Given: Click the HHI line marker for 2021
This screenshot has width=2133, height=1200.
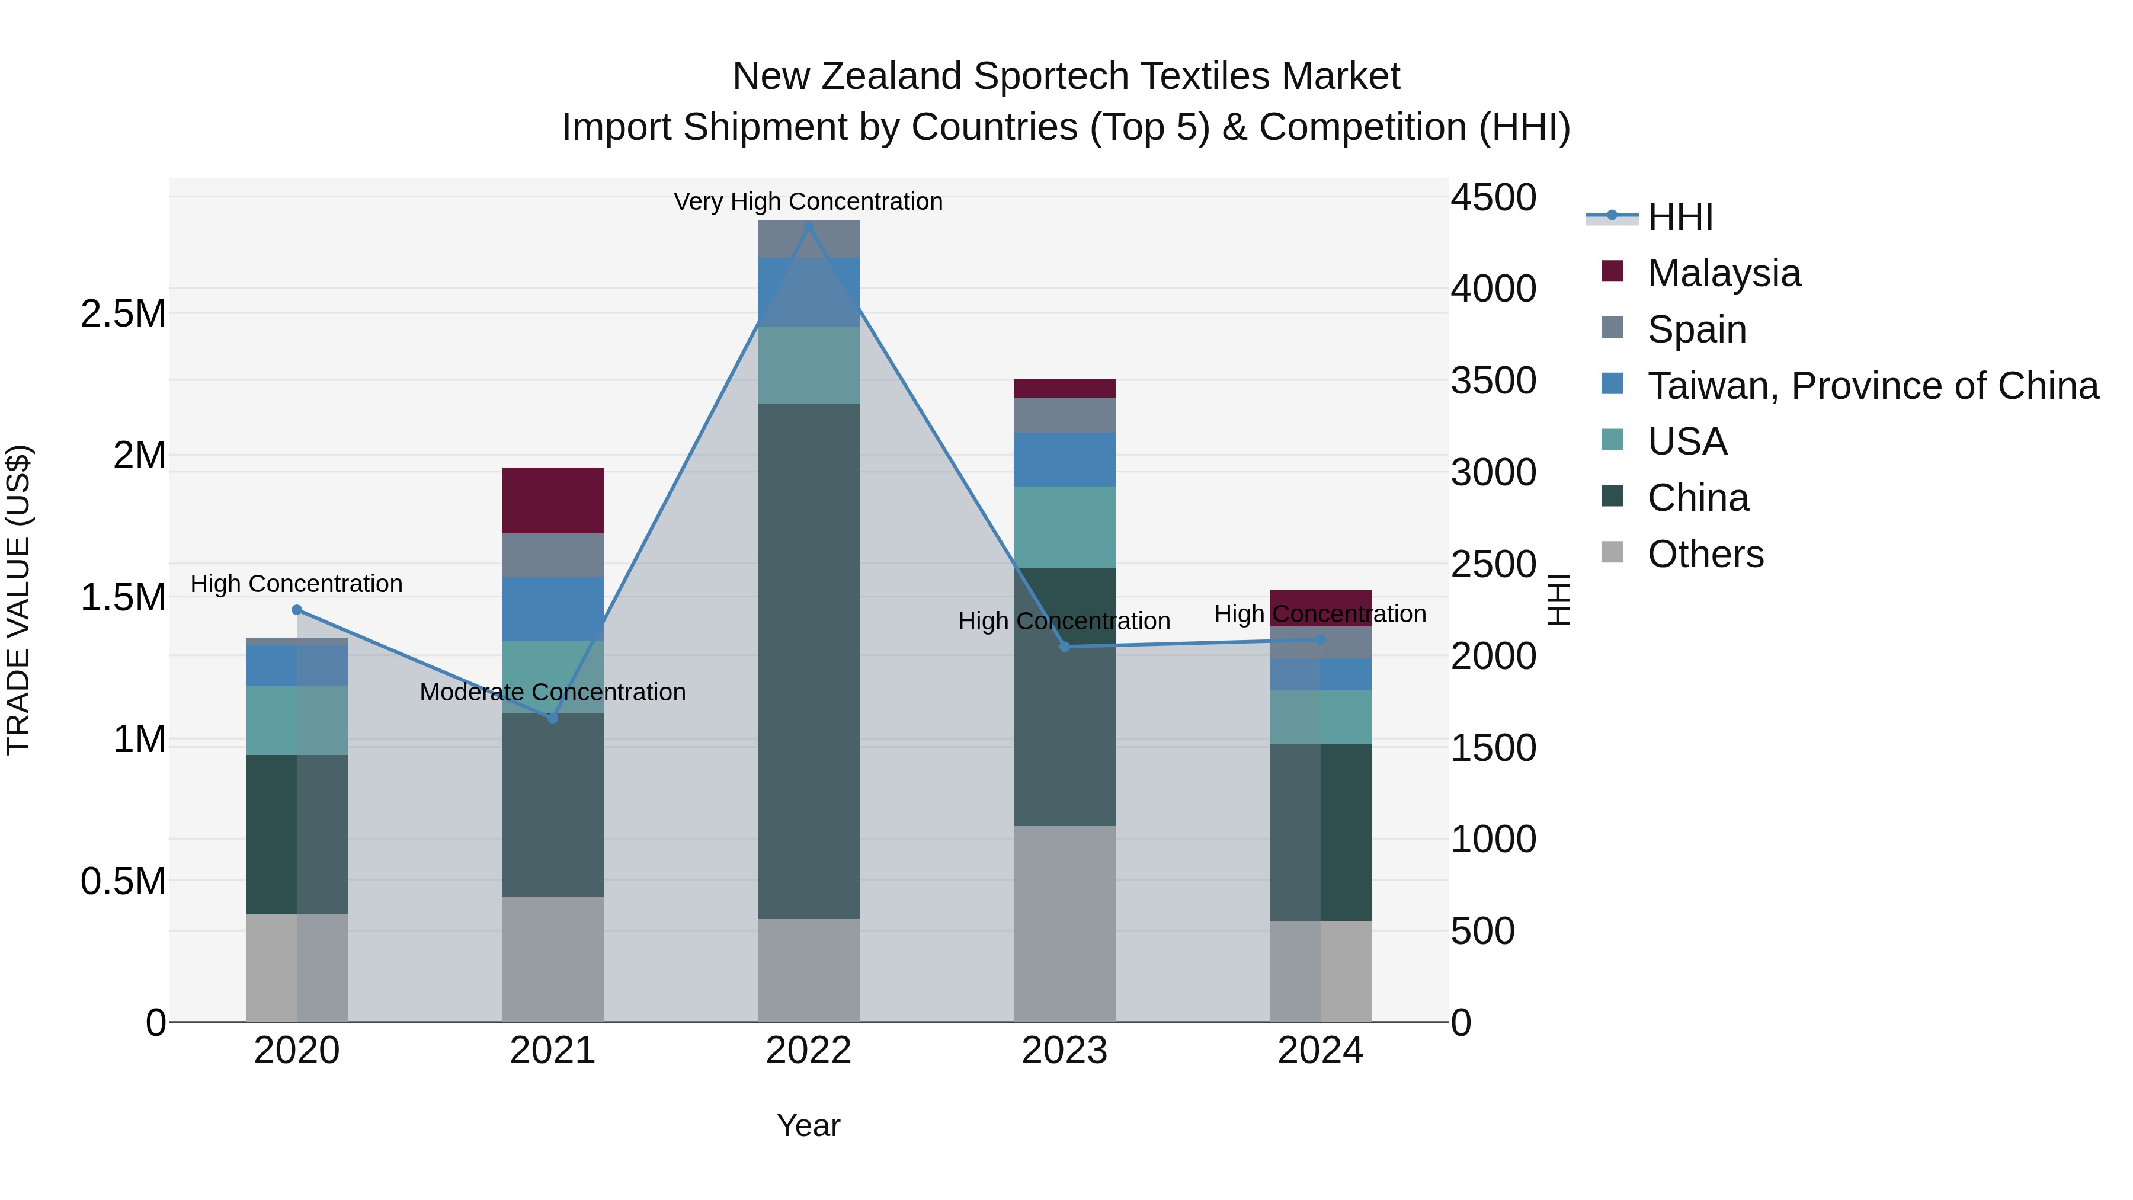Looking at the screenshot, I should pos(553,718).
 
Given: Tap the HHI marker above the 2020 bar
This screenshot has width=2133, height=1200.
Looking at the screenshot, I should pos(297,610).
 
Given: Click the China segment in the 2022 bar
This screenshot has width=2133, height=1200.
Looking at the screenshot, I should pos(808,661).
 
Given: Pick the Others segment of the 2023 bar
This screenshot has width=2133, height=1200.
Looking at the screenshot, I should pos(1064,923).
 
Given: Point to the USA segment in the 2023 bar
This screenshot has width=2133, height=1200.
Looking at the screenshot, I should pos(1064,527).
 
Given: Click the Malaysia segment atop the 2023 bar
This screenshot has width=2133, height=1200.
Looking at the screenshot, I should pos(1064,388).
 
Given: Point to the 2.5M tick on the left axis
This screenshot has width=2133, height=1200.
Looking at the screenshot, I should pos(123,314).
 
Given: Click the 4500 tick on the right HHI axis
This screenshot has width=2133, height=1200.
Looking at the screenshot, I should pos(1493,197).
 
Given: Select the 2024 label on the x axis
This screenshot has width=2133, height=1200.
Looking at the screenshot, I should pos(1320,1051).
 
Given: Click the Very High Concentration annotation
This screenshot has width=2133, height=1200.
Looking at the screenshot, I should pos(808,201).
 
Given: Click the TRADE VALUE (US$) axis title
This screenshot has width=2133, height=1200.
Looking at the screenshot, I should pos(18,600).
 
